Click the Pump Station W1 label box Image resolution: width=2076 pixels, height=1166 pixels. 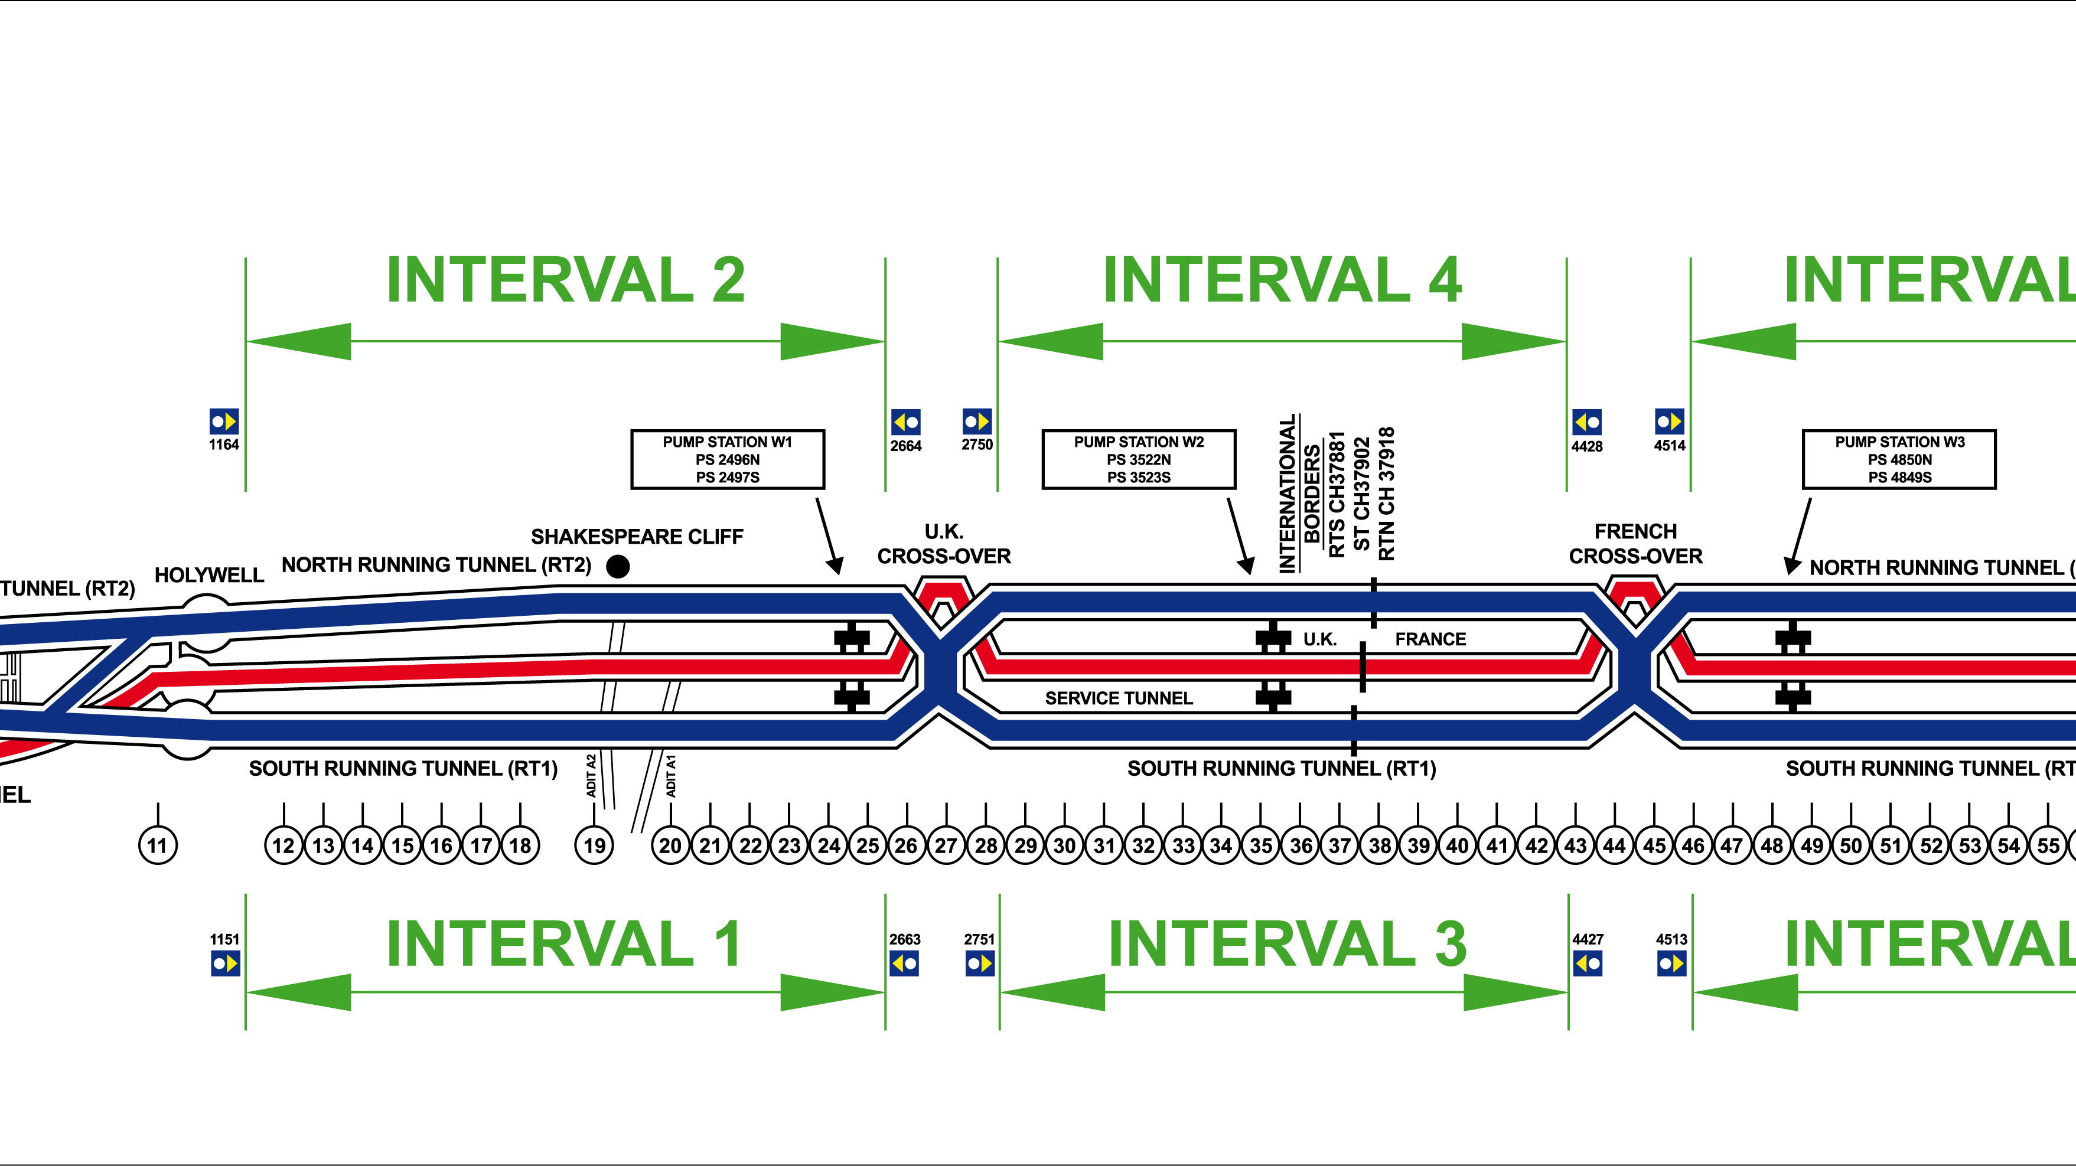click(728, 459)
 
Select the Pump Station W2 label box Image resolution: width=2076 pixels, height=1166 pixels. click(1139, 459)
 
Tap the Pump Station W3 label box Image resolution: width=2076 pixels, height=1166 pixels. click(1899, 459)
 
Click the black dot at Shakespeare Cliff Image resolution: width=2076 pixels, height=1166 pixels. click(618, 567)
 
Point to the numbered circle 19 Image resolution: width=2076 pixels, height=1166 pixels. click(595, 845)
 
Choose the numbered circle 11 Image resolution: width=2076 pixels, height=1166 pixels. click(158, 845)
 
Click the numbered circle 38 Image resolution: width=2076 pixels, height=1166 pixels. click(1380, 845)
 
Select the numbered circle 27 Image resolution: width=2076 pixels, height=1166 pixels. click(946, 845)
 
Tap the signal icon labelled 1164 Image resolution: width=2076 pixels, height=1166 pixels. click(224, 422)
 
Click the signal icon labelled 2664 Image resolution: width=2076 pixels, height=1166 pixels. click(906, 422)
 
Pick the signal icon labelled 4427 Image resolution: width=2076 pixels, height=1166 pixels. click(1588, 963)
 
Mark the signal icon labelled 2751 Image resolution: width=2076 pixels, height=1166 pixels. click(980, 963)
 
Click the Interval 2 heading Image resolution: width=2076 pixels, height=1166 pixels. click(566, 280)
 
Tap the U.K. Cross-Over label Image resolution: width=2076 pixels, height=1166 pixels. click(944, 544)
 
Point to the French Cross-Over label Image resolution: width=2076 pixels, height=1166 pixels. click(1635, 544)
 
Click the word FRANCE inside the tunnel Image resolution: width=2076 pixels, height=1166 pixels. click(1430, 639)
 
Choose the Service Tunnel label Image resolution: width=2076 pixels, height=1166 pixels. click(1119, 698)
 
